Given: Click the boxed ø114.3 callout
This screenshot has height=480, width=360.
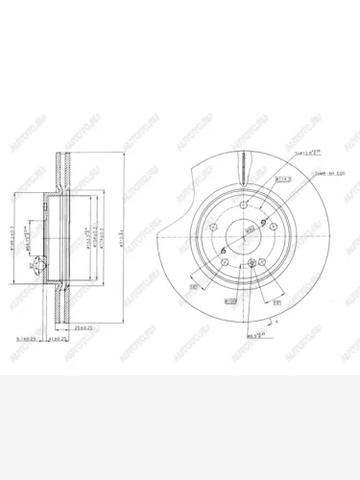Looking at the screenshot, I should point(258,179).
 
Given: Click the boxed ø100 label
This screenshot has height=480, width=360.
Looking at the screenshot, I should point(230,301).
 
